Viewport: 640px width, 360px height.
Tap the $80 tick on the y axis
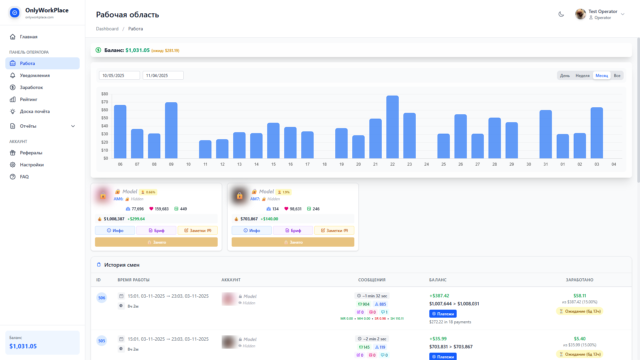pyautogui.click(x=105, y=94)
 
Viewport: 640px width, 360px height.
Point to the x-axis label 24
pyautogui.click(x=426, y=164)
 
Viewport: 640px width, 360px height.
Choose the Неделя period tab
pyautogui.click(x=582, y=76)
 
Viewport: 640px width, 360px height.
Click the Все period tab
pyautogui.click(x=617, y=76)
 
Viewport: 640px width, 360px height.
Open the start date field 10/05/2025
pyautogui.click(x=119, y=76)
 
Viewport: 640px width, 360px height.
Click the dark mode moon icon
pyautogui.click(x=561, y=14)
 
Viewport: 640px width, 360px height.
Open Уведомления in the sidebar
pyautogui.click(x=35, y=75)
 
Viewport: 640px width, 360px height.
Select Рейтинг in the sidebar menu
pyautogui.click(x=29, y=99)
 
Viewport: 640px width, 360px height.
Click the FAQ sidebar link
pyautogui.click(x=24, y=177)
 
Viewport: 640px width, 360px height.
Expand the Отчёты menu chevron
pyautogui.click(x=73, y=126)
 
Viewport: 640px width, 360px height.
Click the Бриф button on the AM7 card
pyautogui.click(x=293, y=230)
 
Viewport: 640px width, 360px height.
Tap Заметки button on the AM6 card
pyautogui.click(x=198, y=230)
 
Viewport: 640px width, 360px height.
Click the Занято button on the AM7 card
pyautogui.click(x=293, y=242)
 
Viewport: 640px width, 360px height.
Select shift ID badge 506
pyautogui.click(x=102, y=298)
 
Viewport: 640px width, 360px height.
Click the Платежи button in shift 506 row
pyautogui.click(x=443, y=314)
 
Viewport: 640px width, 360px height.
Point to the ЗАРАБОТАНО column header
pyautogui.click(x=579, y=280)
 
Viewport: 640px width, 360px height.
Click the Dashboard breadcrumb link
pyautogui.click(x=107, y=29)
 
